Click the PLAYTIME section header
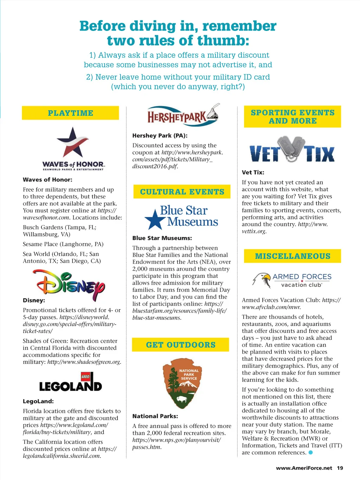[x=70, y=113]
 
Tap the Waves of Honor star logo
[x=72, y=142]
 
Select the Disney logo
[x=69, y=285]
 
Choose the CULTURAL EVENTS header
[x=182, y=192]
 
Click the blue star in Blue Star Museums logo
[x=154, y=219]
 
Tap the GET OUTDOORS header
[x=180, y=345]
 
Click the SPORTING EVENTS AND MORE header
[x=292, y=117]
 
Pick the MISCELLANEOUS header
[x=292, y=256]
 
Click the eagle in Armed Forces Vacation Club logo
[x=262, y=280]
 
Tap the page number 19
[x=340, y=468]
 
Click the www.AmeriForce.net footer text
[x=304, y=468]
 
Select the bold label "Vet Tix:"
[x=253, y=172]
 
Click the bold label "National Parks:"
[x=155, y=416]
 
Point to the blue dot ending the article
[x=310, y=453]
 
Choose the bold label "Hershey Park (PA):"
[x=160, y=135]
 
